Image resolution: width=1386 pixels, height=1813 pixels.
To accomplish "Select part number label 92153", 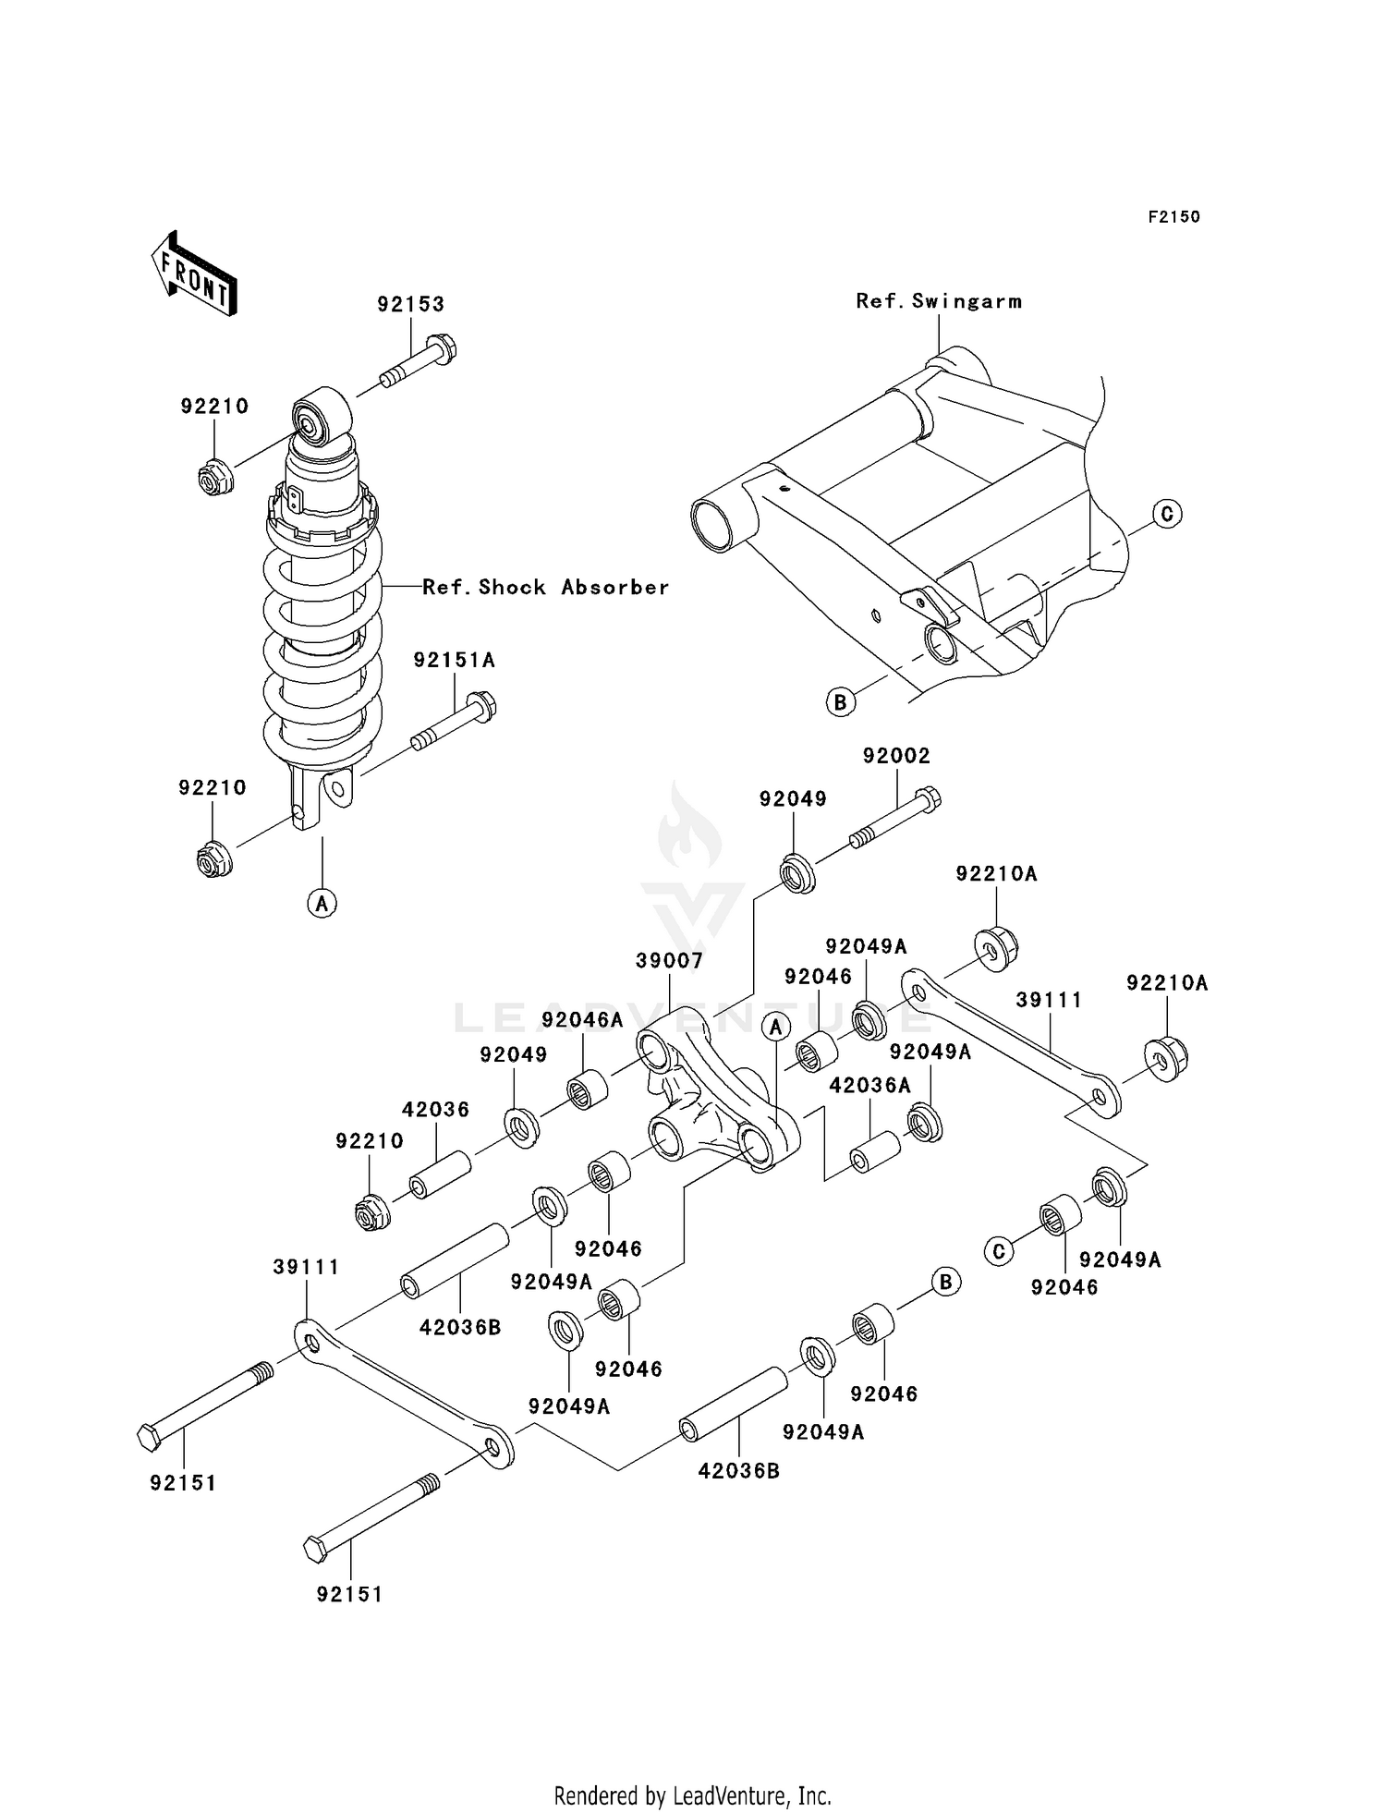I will point(410,305).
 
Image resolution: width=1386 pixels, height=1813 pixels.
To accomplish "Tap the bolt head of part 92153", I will point(444,349).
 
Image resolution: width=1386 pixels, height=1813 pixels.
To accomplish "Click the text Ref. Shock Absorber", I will point(545,588).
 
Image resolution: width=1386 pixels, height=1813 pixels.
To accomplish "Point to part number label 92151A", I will point(455,661).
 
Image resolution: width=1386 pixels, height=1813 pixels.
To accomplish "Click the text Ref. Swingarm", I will point(939,301).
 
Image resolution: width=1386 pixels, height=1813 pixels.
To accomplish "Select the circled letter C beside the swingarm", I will point(1167,513).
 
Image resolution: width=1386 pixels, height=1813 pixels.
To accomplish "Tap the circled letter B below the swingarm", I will point(840,702).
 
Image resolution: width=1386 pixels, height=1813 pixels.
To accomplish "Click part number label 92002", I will point(896,756).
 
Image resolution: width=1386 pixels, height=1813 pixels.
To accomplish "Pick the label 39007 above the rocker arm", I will point(669,961).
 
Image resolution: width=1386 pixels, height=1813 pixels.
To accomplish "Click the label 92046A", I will point(582,1020).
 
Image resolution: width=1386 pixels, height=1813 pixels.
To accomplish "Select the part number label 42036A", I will point(869,1086).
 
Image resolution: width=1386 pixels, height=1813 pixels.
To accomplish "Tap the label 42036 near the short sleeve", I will point(435,1110).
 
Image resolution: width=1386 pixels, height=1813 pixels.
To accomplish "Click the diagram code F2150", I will point(1173,217).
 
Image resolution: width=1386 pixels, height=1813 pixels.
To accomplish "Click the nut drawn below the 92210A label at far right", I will point(1166,1059).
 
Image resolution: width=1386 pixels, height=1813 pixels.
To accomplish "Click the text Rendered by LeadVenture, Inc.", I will point(692,1795).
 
